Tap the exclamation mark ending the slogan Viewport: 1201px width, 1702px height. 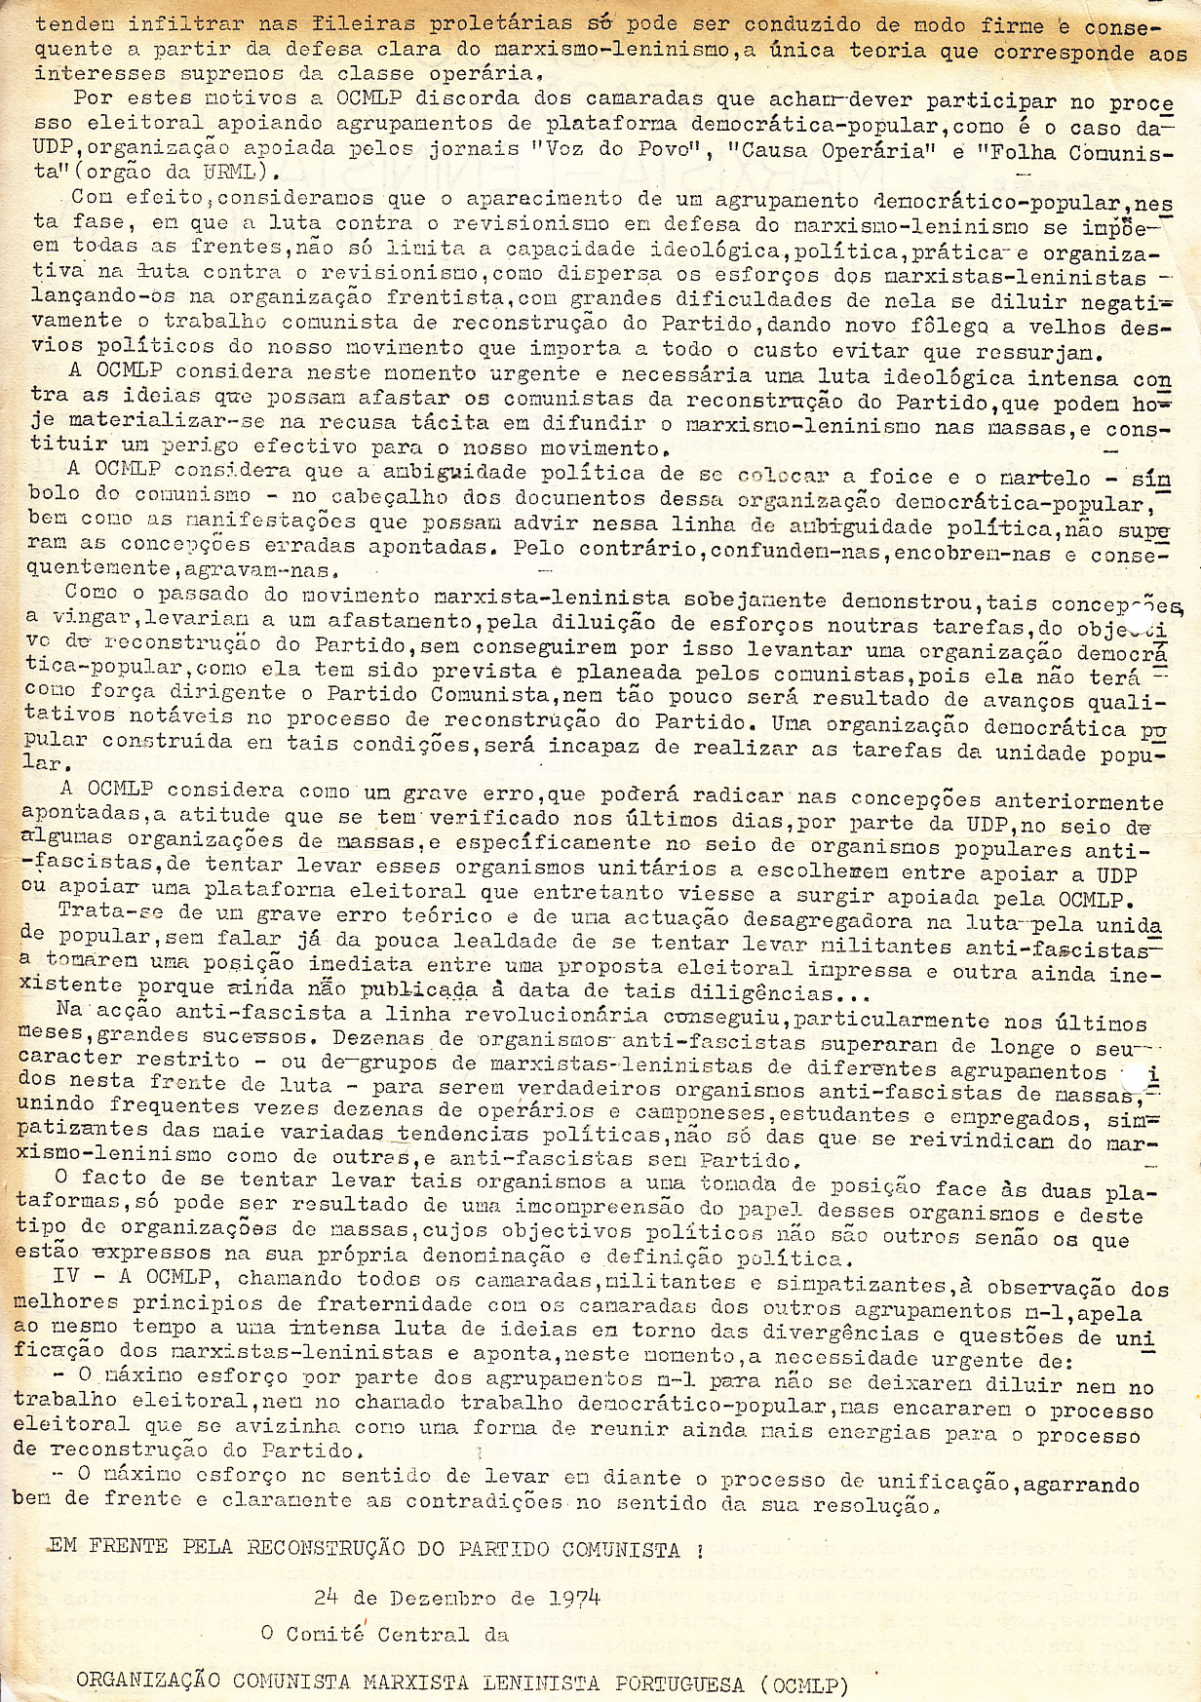coord(700,1547)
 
